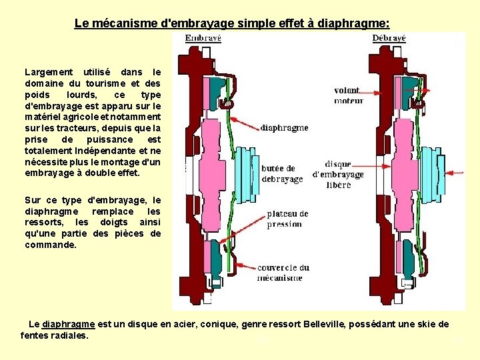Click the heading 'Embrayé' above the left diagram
(203, 39)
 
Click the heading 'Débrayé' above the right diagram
(388, 39)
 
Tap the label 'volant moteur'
(349, 95)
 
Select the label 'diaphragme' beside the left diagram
(284, 127)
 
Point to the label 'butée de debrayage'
(279, 175)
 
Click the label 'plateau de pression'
(287, 219)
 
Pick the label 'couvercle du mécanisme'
(283, 272)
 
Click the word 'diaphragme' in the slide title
(353, 23)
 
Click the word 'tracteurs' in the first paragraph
(62, 128)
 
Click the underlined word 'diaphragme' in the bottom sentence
(68, 324)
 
